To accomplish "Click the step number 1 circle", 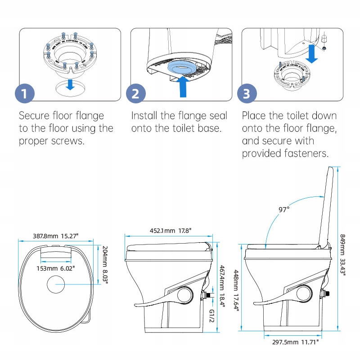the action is (25, 94).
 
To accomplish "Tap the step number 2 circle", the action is (135, 94).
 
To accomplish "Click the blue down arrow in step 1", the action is (70, 84).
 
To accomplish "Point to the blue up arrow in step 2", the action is (182, 86).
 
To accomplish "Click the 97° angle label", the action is (283, 209).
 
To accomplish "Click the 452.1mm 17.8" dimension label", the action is (171, 231).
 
